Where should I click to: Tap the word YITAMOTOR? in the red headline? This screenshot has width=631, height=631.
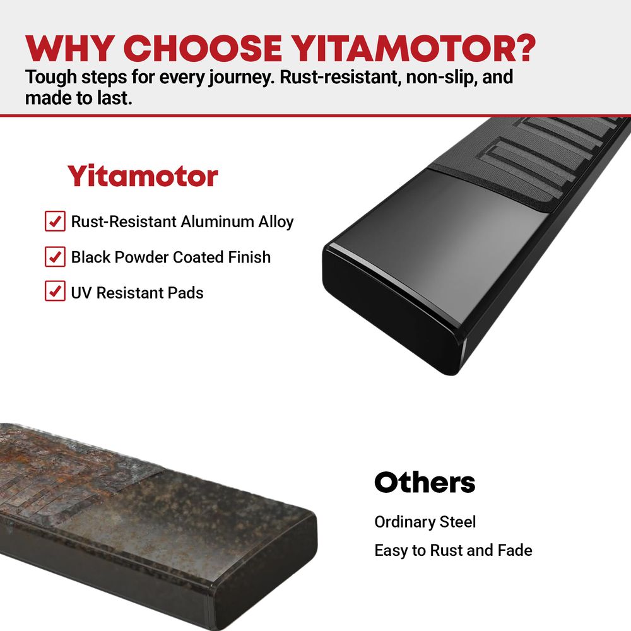click(x=413, y=49)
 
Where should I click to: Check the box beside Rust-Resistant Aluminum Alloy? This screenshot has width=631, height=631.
click(x=55, y=221)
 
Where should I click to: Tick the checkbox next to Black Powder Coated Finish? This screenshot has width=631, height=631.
click(x=55, y=257)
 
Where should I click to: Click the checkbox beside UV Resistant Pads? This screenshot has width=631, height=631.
click(x=55, y=291)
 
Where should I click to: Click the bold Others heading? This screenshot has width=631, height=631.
click(x=425, y=482)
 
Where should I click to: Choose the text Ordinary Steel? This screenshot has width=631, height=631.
click(x=425, y=522)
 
